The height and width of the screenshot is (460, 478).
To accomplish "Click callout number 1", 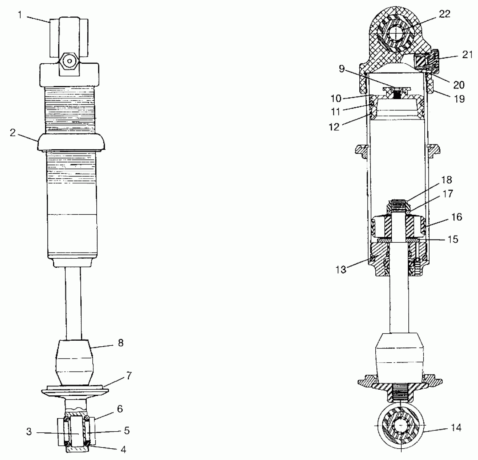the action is [x=20, y=15].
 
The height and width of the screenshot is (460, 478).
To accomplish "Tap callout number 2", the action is [x=13, y=133].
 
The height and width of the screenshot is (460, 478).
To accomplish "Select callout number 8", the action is [x=121, y=343].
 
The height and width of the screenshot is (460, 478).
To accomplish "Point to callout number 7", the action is [x=129, y=376].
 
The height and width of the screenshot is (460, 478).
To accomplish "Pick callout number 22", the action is [x=444, y=14].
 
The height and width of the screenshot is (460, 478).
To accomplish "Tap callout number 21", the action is [x=467, y=55].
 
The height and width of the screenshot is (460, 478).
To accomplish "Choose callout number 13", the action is [x=341, y=270].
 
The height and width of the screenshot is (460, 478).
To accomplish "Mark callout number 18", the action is [x=447, y=180].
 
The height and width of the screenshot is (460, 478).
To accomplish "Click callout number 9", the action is [x=342, y=69].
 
